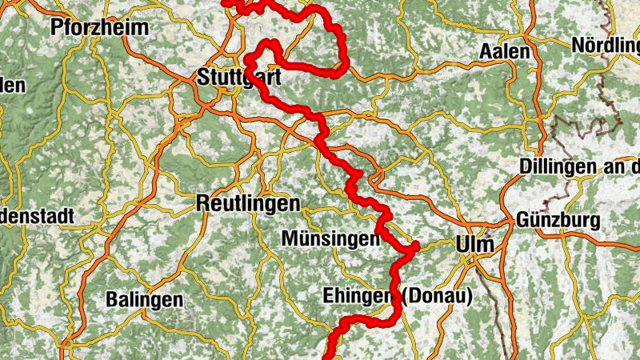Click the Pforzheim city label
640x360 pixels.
click(x=99, y=28)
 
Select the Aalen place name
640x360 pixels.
click(x=505, y=52)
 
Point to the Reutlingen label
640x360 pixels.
click(x=248, y=204)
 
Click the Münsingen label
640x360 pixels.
click(x=330, y=239)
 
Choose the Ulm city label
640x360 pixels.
click(x=475, y=244)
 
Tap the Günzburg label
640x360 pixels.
click(x=558, y=219)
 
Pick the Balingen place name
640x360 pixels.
click(x=145, y=300)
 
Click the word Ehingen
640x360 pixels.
click(x=357, y=296)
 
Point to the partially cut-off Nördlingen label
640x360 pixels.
click(x=606, y=46)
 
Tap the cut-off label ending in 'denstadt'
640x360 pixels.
click(x=37, y=216)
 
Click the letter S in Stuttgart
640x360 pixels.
click(x=202, y=78)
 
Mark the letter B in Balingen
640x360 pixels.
click(x=113, y=300)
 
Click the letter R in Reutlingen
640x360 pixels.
click(x=202, y=204)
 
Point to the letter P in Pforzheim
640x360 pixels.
click(x=56, y=28)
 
